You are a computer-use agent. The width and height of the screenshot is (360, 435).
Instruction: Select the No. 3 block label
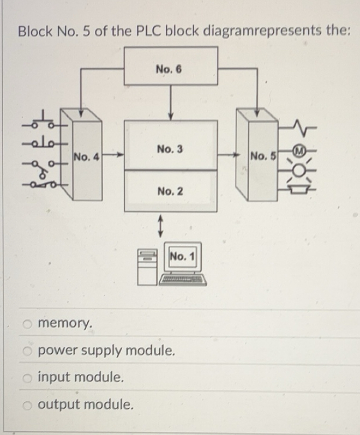[x=170, y=149]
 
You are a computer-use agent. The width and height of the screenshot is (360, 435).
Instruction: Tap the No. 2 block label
[x=170, y=191]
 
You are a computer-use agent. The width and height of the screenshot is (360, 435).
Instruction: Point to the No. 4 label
[x=86, y=158]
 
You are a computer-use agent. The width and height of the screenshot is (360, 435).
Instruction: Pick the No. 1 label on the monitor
[x=184, y=256]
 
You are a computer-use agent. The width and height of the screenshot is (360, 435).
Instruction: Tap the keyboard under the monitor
[x=183, y=281]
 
